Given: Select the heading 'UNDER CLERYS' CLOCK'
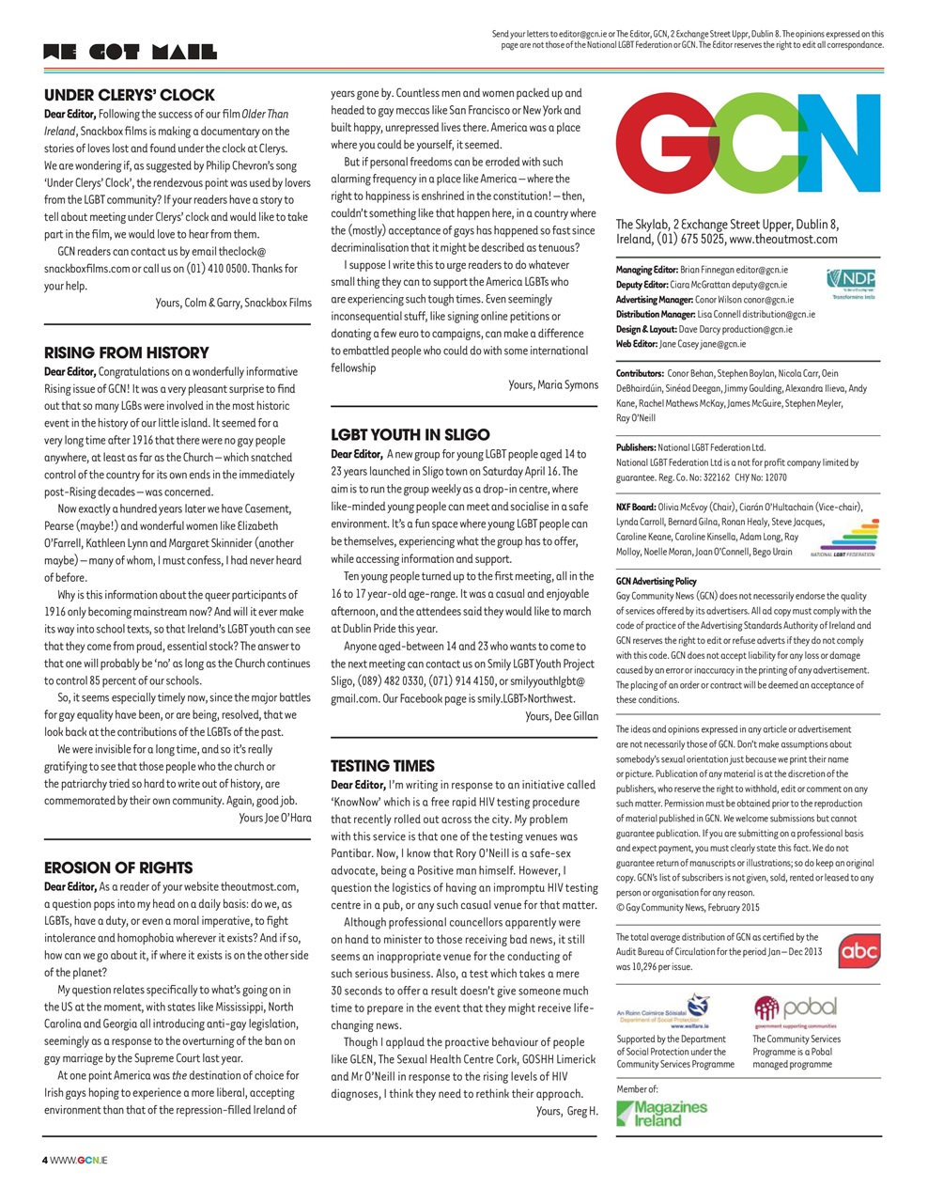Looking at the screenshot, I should [130, 95].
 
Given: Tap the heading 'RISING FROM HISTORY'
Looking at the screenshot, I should [127, 353].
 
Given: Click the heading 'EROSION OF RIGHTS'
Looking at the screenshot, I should [118, 867].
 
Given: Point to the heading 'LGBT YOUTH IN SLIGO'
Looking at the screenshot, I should [410, 435].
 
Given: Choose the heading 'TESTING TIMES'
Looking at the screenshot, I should [382, 766].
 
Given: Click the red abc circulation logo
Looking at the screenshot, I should [858, 951].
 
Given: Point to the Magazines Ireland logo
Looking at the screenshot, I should [662, 1114].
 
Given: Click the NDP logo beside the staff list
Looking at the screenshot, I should [850, 283].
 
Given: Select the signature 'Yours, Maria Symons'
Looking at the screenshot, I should [553, 385].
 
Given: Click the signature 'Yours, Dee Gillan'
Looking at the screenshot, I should [561, 716].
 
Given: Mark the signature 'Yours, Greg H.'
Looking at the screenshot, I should [566, 1112].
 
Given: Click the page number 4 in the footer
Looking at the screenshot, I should [45, 1161].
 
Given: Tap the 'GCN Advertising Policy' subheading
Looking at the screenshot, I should [657, 582].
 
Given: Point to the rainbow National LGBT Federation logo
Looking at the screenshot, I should [843, 539].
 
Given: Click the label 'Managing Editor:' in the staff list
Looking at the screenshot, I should [646, 270].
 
